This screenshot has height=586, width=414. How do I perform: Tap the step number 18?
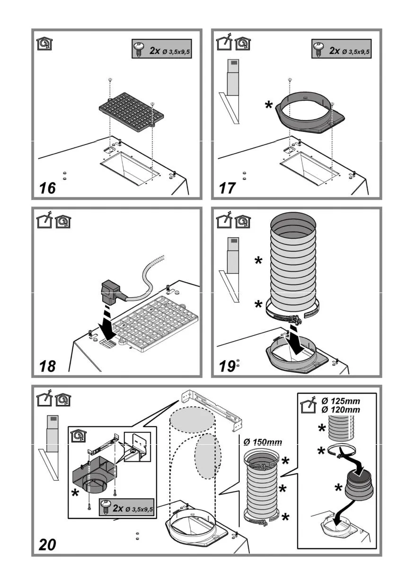point(48,366)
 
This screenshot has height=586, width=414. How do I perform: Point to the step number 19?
point(227,366)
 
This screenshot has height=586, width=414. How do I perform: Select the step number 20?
point(48,544)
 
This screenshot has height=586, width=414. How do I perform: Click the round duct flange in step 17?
point(308,111)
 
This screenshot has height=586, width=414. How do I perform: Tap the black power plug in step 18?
point(110,293)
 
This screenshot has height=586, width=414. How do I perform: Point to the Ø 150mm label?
point(263,442)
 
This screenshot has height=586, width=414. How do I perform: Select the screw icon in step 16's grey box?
point(140,50)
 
